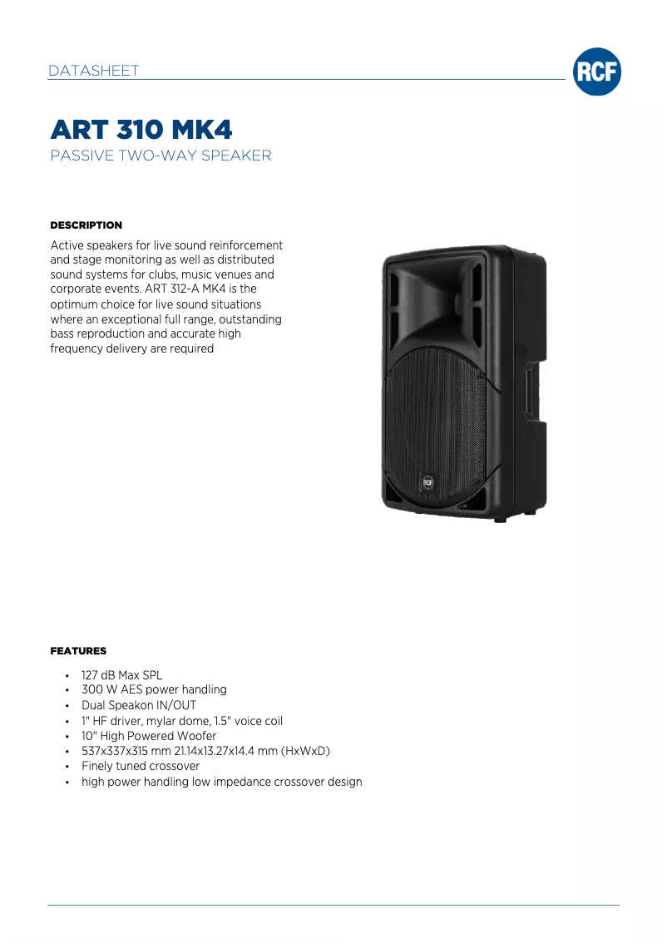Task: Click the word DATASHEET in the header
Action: click(93, 71)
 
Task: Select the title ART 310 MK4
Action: click(141, 130)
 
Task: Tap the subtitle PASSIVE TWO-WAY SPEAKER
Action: click(161, 156)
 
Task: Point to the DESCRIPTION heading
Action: click(86, 225)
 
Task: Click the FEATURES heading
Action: click(78, 650)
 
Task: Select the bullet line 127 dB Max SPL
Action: click(121, 675)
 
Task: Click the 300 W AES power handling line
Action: click(154, 689)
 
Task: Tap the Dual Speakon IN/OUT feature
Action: click(139, 705)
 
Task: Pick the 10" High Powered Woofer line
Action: click(149, 736)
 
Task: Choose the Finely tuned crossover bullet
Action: click(141, 766)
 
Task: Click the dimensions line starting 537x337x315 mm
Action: click(205, 751)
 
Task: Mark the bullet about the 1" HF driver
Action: click(182, 720)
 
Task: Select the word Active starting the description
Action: click(68, 245)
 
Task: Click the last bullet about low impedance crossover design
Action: click(221, 782)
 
